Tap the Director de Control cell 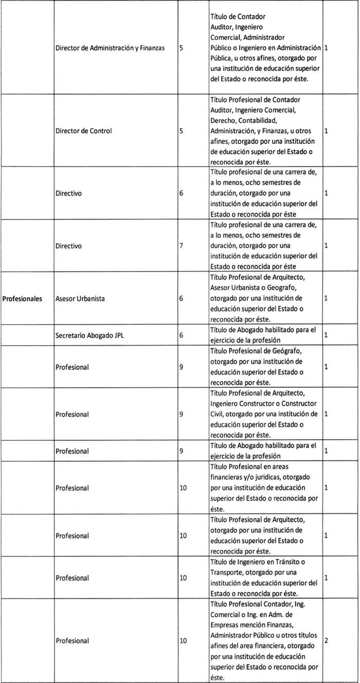pyautogui.click(x=83, y=131)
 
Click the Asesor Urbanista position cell pyautogui.click(x=80, y=298)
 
